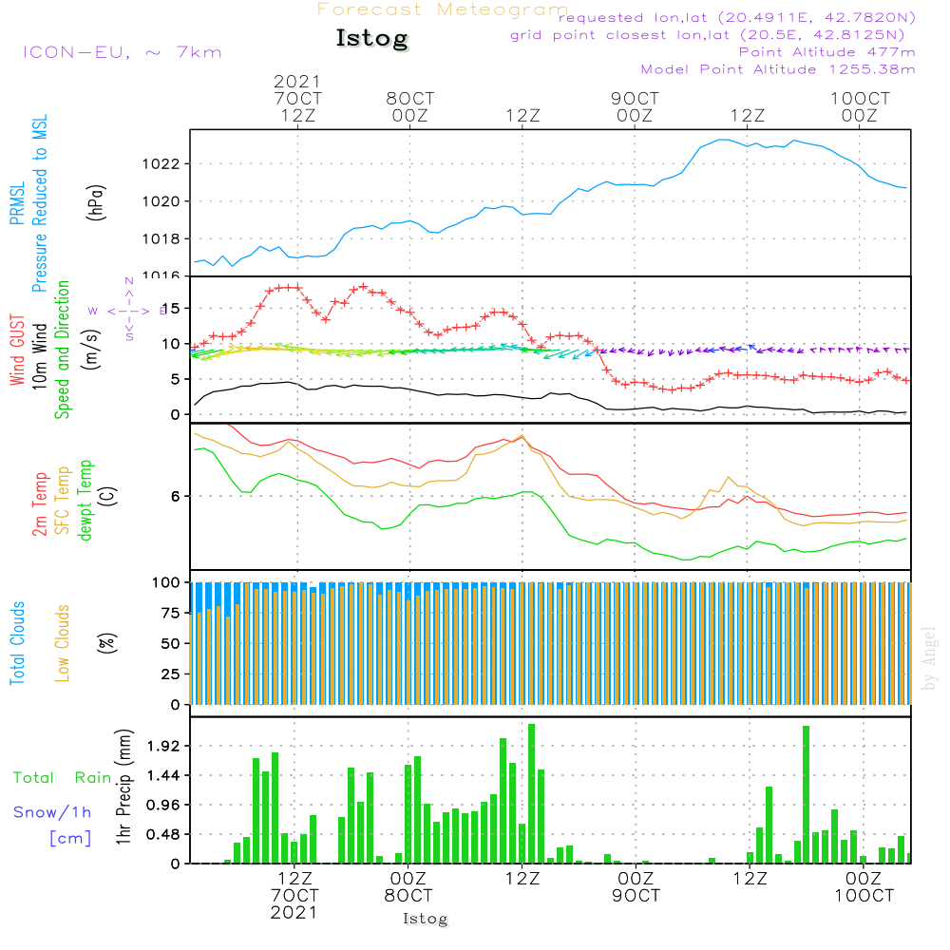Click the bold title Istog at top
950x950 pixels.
[371, 39]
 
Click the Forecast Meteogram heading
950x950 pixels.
[443, 9]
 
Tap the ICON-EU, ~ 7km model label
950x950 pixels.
[122, 51]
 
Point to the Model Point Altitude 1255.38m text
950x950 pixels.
[778, 68]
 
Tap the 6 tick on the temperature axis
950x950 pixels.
[176, 496]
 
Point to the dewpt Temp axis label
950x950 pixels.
[85, 500]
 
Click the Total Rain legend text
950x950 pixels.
[62, 777]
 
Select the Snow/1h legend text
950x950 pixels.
[52, 811]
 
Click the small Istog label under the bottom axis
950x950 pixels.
[425, 919]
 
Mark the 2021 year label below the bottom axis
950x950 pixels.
[294, 912]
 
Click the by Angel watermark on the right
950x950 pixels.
[929, 658]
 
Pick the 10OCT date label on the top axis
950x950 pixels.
[860, 98]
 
